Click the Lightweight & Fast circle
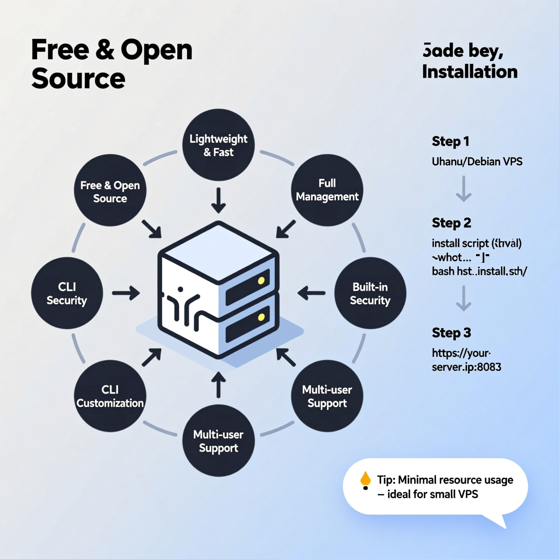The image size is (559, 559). pyautogui.click(x=218, y=145)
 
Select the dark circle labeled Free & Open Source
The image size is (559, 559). pyautogui.click(x=110, y=191)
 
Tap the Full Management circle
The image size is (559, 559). pyautogui.click(x=327, y=190)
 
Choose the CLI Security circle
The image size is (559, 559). pyautogui.click(x=67, y=293)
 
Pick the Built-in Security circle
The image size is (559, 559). pyautogui.click(x=370, y=293)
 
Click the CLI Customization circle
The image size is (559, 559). pyautogui.click(x=110, y=396)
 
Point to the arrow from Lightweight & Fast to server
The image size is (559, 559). pyautogui.click(x=218, y=200)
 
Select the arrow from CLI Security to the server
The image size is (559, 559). pyautogui.click(x=126, y=293)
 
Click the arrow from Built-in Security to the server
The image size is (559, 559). pyautogui.click(x=311, y=293)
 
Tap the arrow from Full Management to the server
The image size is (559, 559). pyautogui.click(x=286, y=229)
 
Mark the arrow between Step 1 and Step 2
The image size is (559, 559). pyautogui.click(x=463, y=189)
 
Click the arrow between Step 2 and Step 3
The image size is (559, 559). pyautogui.click(x=463, y=298)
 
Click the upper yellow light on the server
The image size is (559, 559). pyautogui.click(x=261, y=281)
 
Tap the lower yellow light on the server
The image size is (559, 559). pyautogui.click(x=261, y=317)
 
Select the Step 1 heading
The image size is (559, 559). pyautogui.click(x=450, y=141)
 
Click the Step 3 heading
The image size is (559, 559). pyautogui.click(x=451, y=333)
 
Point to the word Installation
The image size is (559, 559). pyautogui.click(x=470, y=72)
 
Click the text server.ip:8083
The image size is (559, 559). pyautogui.click(x=466, y=367)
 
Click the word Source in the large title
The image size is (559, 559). pyautogui.click(x=78, y=79)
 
